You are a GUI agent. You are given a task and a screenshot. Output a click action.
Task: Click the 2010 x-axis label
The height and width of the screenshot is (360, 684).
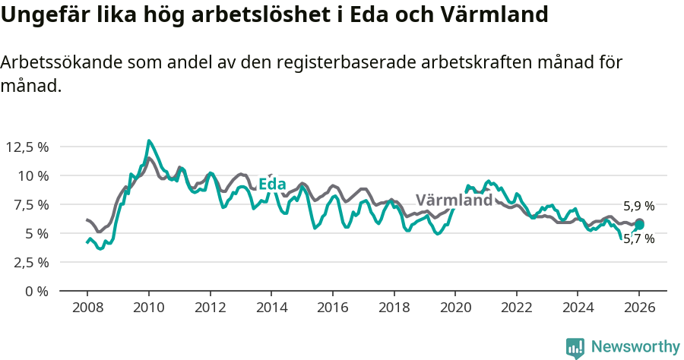[x=148, y=308]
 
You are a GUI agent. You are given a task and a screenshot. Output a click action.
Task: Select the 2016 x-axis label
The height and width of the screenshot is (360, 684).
[x=332, y=308]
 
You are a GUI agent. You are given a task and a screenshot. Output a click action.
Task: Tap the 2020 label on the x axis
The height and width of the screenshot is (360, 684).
[x=454, y=308]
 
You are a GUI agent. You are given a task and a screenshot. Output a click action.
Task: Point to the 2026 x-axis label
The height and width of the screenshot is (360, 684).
[x=638, y=308]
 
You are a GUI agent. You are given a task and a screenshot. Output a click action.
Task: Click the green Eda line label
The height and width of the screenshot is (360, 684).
[x=272, y=185]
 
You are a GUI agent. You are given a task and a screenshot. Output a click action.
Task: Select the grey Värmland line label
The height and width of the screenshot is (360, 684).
[x=454, y=201]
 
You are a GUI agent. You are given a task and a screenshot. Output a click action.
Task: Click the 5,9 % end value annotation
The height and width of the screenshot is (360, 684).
[x=638, y=206]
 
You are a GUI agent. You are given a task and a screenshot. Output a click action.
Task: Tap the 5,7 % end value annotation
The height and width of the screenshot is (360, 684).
[x=638, y=238]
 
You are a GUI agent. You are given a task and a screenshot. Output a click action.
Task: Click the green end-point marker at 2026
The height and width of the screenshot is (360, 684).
[x=639, y=225]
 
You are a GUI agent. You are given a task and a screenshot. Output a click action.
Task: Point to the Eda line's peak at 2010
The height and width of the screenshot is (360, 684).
[x=149, y=141]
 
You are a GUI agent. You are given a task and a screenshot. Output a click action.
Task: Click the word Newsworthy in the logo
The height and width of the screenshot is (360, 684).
[x=635, y=347]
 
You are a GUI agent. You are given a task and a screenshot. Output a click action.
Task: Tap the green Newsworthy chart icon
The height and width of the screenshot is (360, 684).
[x=575, y=348]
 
